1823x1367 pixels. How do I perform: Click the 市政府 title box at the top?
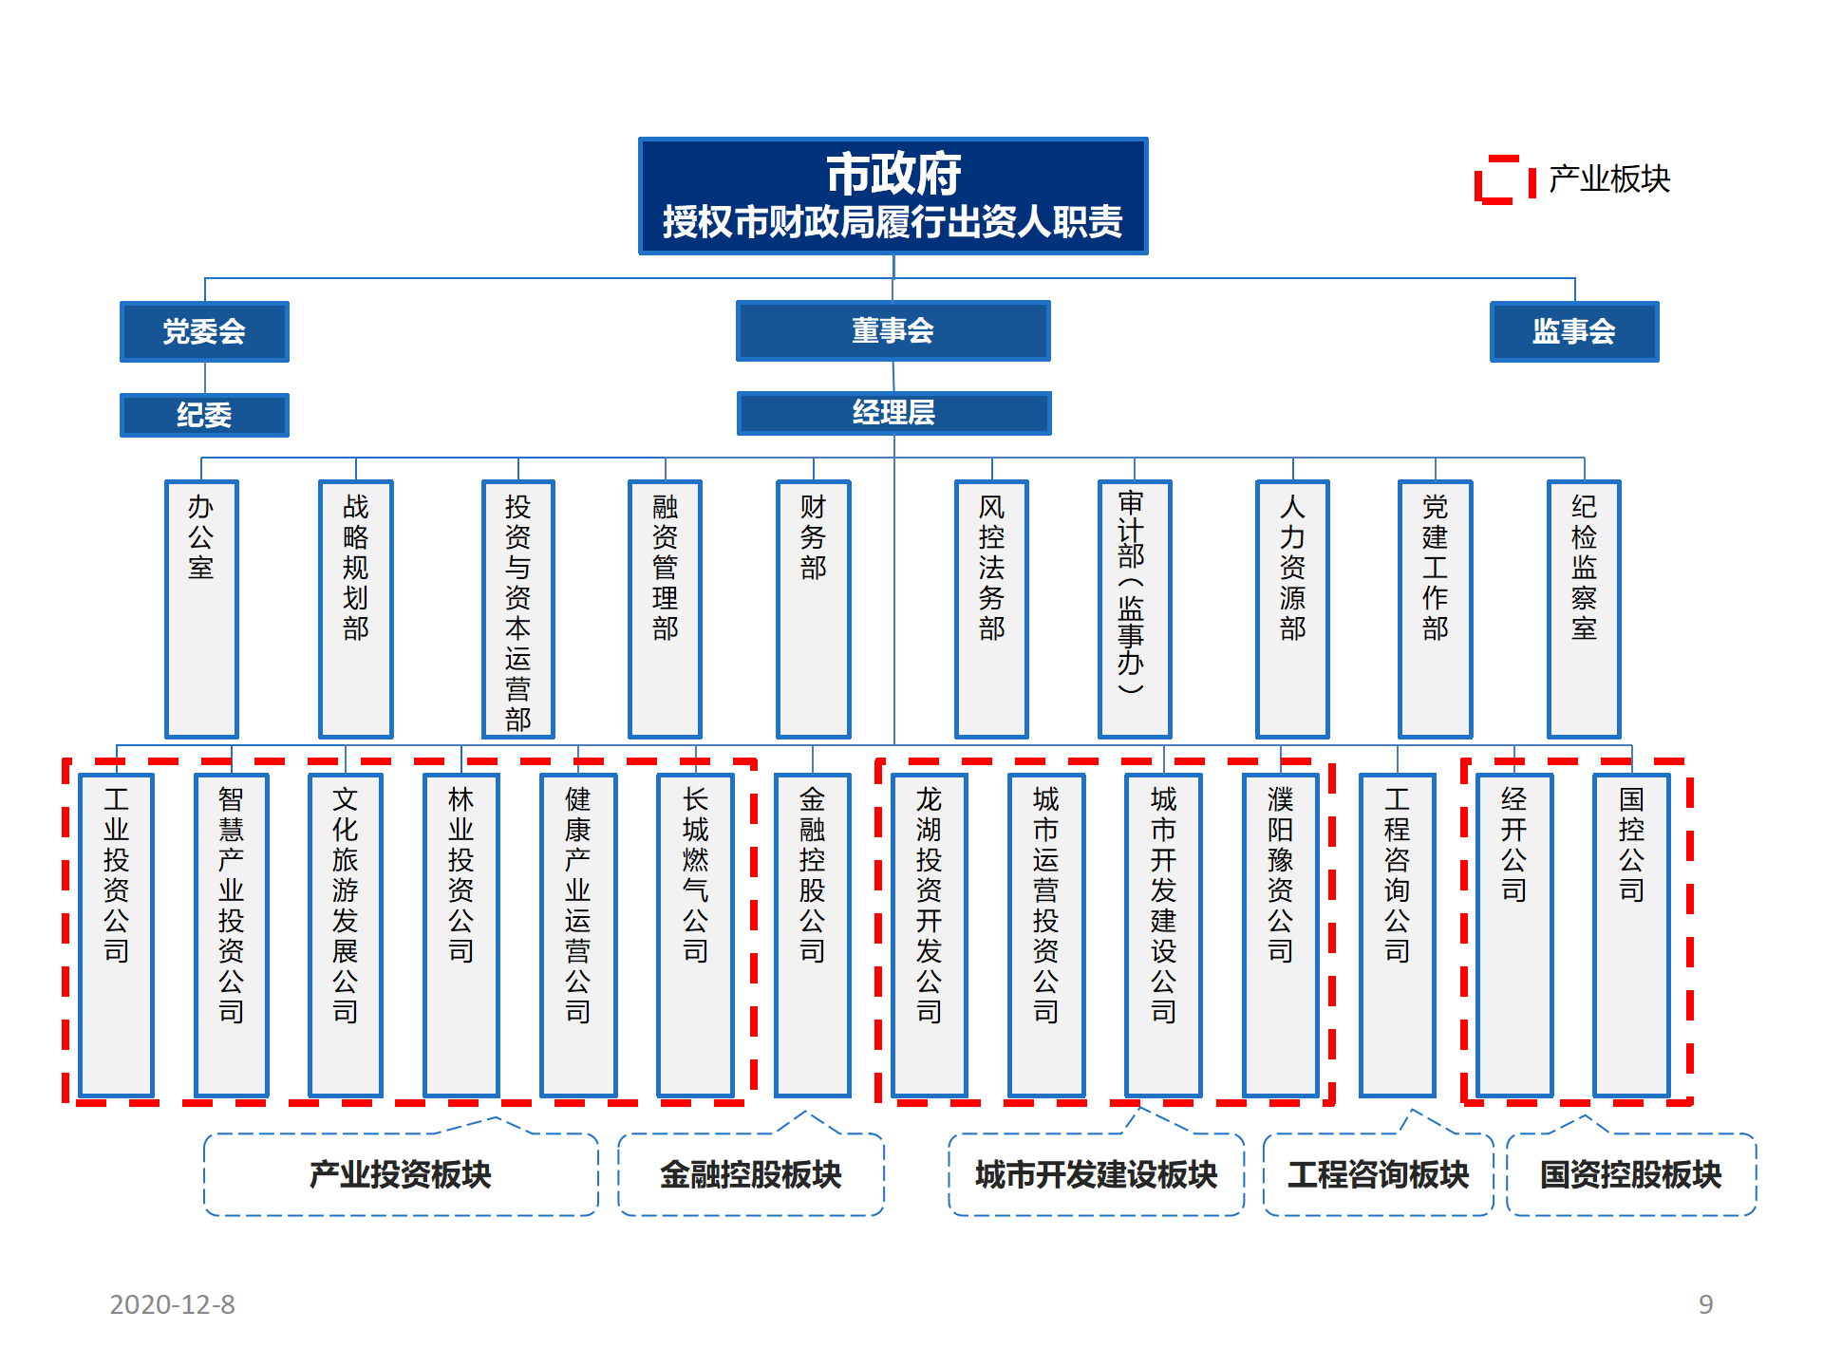[x=893, y=196]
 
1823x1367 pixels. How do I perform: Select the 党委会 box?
[x=204, y=331]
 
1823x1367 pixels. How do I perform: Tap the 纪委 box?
[x=204, y=415]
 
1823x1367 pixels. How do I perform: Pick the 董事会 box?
[x=893, y=330]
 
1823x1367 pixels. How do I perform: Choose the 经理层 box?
[x=893, y=413]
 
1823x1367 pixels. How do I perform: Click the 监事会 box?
[x=1574, y=331]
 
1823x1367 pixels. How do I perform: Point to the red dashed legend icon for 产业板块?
[x=1505, y=179]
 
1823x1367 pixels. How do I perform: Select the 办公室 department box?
[x=201, y=609]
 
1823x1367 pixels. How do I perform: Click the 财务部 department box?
[x=813, y=609]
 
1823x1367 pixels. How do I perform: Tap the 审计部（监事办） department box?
[x=1135, y=609]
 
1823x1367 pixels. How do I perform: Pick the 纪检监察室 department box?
[x=1584, y=609]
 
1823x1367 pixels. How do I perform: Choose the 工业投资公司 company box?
[x=116, y=935]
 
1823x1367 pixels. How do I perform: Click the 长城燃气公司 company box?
[x=695, y=935]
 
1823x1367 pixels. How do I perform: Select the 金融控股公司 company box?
[x=812, y=935]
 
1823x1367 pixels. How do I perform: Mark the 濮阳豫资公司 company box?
[x=1280, y=935]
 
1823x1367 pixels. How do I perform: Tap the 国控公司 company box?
[x=1631, y=935]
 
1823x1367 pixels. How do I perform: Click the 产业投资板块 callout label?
[x=401, y=1174]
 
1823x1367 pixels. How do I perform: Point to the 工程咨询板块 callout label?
[x=1379, y=1174]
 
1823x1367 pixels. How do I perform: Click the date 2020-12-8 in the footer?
[x=173, y=1304]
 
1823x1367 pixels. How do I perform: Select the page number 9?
[x=1706, y=1304]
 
